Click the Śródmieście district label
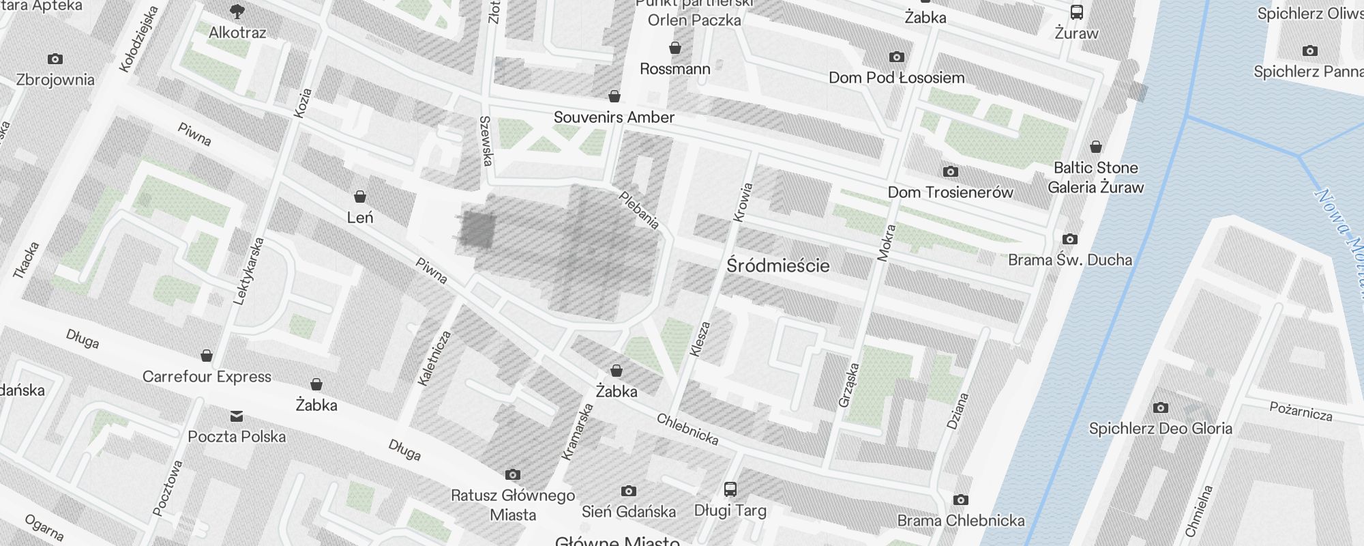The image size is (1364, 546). pyautogui.click(x=778, y=265)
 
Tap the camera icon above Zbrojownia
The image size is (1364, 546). pyautogui.click(x=55, y=59)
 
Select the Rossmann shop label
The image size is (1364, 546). pyautogui.click(x=674, y=69)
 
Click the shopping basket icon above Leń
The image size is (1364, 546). pyautogui.click(x=360, y=197)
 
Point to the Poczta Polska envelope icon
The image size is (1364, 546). pyautogui.click(x=236, y=416)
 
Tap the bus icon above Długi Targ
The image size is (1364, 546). pyautogui.click(x=730, y=489)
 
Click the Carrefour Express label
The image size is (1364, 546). pyautogui.click(x=207, y=377)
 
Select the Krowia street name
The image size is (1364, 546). pyautogui.click(x=742, y=202)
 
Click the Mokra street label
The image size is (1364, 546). pyautogui.click(x=886, y=242)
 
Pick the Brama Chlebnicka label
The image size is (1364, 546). pyautogui.click(x=960, y=521)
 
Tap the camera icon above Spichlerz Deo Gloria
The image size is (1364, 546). pyautogui.click(x=1160, y=408)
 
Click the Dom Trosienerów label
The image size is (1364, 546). pyautogui.click(x=950, y=192)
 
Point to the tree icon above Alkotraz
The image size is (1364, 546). pyautogui.click(x=237, y=12)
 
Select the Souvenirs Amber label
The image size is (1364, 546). pyautogui.click(x=614, y=117)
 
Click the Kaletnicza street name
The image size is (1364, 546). pyautogui.click(x=434, y=358)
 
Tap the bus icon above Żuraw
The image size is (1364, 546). pyautogui.click(x=1076, y=12)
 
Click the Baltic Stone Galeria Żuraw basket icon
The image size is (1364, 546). pyautogui.click(x=1095, y=147)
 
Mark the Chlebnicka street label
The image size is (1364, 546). pyautogui.click(x=687, y=429)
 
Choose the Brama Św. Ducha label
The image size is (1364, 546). pyautogui.click(x=1069, y=260)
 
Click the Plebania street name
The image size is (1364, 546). pyautogui.click(x=639, y=210)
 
